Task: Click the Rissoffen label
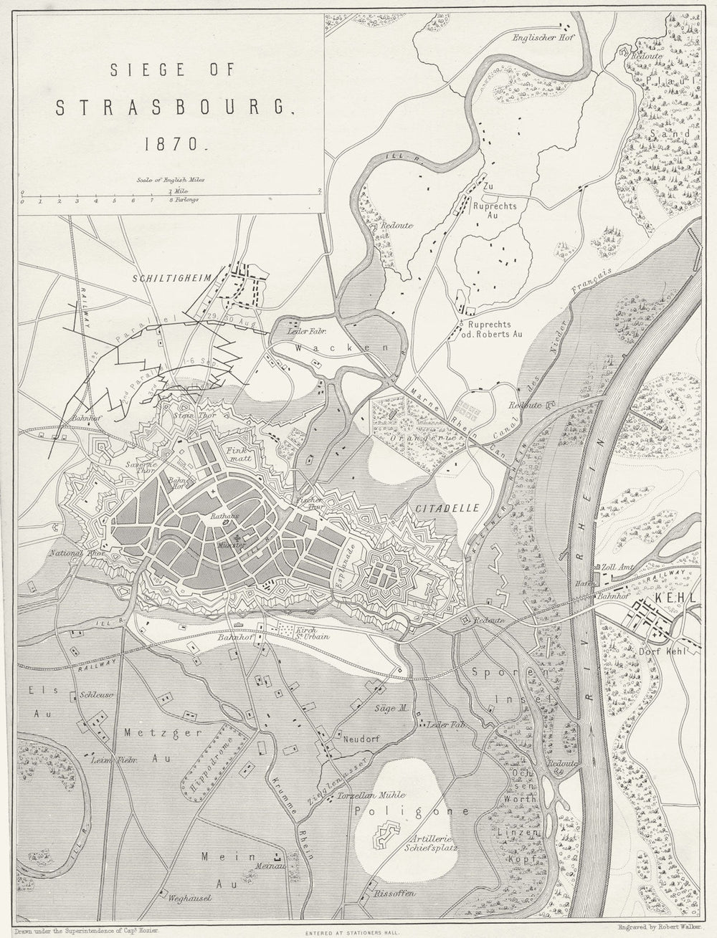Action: click(x=392, y=896)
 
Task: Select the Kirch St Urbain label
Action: click(x=287, y=632)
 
